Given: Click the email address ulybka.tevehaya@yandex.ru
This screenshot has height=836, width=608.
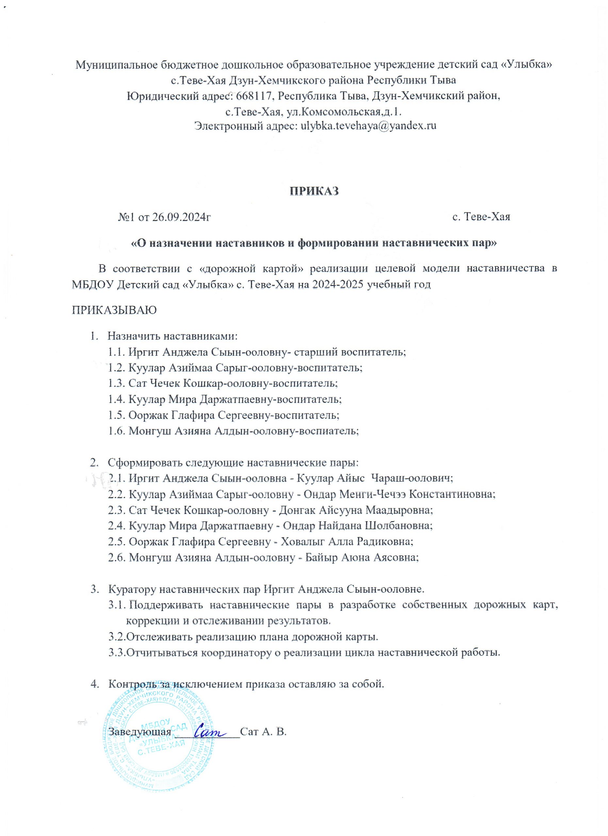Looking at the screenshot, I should pyautogui.click(x=369, y=126).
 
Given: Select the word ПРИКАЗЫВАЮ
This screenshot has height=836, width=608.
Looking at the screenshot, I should pyautogui.click(x=114, y=310).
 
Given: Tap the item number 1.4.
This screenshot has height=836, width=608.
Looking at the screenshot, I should pyautogui.click(x=117, y=399).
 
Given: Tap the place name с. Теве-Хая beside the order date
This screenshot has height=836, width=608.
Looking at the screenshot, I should pyautogui.click(x=481, y=217).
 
